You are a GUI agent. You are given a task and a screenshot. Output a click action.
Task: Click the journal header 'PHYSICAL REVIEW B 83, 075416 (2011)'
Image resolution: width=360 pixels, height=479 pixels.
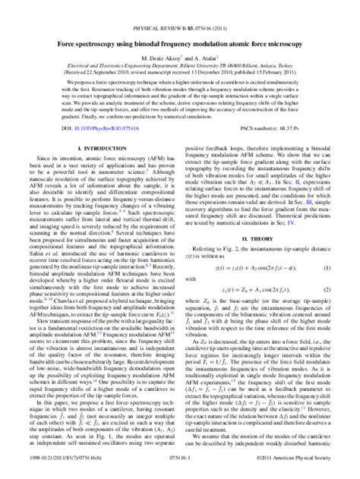tap(179, 8)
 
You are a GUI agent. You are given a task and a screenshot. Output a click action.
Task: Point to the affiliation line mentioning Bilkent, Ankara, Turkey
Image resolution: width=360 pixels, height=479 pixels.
tap(179, 45)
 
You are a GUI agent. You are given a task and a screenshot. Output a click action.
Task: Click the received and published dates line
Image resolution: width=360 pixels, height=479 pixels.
tap(179, 51)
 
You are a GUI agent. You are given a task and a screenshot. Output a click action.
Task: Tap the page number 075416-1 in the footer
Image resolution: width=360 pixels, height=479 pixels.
tap(180, 471)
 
